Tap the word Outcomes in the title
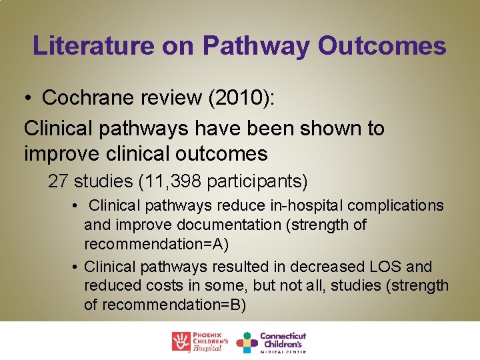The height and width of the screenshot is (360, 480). click(x=382, y=46)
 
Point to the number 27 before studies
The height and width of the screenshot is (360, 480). click(x=59, y=181)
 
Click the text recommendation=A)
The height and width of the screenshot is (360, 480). click(x=157, y=245)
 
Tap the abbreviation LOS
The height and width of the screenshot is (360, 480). click(x=382, y=267)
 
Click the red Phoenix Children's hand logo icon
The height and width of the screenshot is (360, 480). click(x=181, y=341)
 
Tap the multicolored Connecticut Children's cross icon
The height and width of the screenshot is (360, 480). click(x=247, y=342)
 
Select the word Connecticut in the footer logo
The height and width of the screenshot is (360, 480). click(x=283, y=336)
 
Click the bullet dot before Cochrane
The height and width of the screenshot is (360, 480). click(x=29, y=98)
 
